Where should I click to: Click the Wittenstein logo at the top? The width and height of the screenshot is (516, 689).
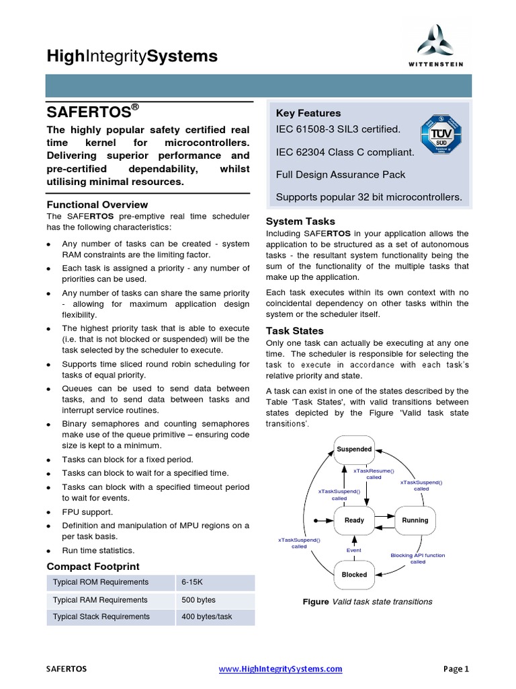point(441,44)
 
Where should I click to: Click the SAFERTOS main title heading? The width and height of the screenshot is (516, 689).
point(93,110)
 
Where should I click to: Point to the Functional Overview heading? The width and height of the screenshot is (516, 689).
point(97,205)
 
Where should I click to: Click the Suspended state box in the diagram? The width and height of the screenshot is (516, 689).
point(354,449)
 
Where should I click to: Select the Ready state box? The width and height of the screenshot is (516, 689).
point(354,520)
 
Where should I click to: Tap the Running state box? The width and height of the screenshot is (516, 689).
point(415,520)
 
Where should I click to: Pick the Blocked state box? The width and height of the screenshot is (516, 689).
point(354,575)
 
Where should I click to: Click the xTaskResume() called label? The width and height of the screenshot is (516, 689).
point(374,474)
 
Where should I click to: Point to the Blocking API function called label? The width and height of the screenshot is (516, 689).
point(417,558)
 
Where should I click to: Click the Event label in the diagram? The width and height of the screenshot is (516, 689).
point(353,550)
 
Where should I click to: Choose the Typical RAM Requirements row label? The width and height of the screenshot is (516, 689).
point(99,600)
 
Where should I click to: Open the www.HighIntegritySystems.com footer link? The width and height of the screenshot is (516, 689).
point(281,669)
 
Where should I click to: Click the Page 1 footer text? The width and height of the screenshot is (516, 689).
point(456,669)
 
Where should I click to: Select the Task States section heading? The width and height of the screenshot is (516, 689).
point(294,331)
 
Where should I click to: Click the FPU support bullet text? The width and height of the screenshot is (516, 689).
point(87,512)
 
